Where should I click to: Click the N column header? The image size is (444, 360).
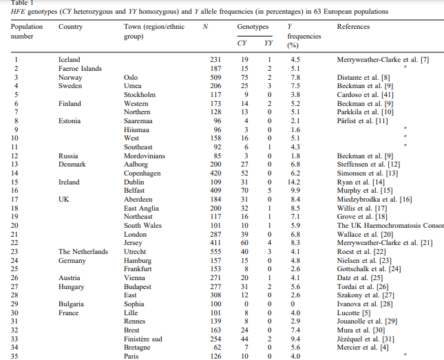coord(206,27)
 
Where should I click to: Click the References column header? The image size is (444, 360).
coord(353,27)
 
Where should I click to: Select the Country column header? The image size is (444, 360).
coord(72,27)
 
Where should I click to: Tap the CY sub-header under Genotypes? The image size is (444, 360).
coord(242,42)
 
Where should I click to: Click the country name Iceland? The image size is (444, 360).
coord(70,60)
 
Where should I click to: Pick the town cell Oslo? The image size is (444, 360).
coord(131,77)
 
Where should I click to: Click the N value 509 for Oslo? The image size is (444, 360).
coord(215,77)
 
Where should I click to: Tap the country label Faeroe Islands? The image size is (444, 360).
coord(81,69)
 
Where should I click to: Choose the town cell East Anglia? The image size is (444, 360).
coord(141,208)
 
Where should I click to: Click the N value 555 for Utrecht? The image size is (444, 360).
coord(215,252)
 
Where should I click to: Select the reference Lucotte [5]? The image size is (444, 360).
coord(352,313)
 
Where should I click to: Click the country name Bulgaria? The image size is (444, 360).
coord(72,304)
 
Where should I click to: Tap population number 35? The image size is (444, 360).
coord(15,357)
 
